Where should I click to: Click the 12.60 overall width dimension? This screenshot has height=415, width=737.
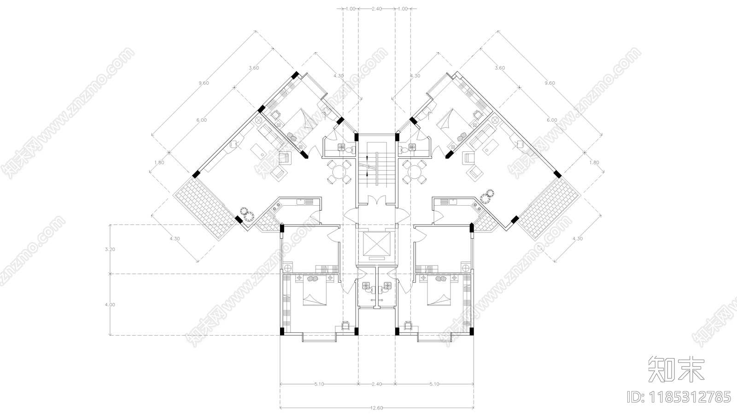point(376,408)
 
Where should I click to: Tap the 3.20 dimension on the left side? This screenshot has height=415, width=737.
point(110,249)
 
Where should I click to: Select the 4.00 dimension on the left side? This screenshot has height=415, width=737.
point(110,305)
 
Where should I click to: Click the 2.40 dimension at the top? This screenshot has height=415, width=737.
point(376,8)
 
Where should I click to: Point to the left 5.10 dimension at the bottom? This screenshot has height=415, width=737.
point(318,384)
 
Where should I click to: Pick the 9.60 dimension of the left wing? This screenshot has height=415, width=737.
point(204,83)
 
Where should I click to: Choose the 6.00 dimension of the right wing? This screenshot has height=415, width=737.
point(551,120)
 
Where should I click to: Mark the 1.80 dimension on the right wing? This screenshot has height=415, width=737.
point(594,162)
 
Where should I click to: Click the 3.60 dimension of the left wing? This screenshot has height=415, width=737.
point(253,68)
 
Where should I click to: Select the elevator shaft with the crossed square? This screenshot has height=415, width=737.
point(376,244)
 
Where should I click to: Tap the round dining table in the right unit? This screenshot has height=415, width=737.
point(414,173)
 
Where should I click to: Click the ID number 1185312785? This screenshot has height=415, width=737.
point(679,397)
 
